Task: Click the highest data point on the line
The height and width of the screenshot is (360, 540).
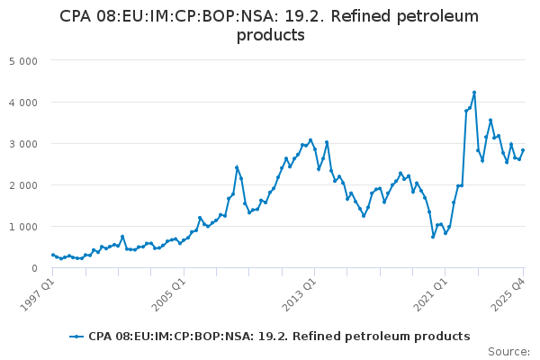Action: [x=474, y=93]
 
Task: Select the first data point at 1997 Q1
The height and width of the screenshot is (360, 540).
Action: [x=53, y=255]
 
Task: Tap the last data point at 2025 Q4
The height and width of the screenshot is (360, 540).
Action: [x=523, y=150]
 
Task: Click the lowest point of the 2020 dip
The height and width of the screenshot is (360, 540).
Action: [x=433, y=237]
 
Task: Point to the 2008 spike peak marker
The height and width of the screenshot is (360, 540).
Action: [x=237, y=167]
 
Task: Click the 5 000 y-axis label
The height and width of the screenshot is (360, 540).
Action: [x=23, y=61]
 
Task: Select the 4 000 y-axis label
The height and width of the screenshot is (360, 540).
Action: [x=23, y=103]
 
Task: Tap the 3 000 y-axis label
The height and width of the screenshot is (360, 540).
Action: [x=23, y=144]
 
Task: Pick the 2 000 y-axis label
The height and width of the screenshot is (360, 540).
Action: [x=23, y=185]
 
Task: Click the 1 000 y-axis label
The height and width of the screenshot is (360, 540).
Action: [x=23, y=227]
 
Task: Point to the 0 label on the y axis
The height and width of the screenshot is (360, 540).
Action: [x=34, y=268]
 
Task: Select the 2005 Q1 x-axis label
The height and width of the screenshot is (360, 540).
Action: [x=168, y=295]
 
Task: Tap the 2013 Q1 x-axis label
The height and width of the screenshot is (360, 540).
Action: [x=299, y=295]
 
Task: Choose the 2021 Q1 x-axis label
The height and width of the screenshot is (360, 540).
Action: [x=430, y=295]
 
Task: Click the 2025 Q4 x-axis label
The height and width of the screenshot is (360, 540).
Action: [x=508, y=295]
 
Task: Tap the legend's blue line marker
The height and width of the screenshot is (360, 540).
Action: [x=76, y=337]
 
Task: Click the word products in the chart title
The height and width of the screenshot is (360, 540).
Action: [x=271, y=35]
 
